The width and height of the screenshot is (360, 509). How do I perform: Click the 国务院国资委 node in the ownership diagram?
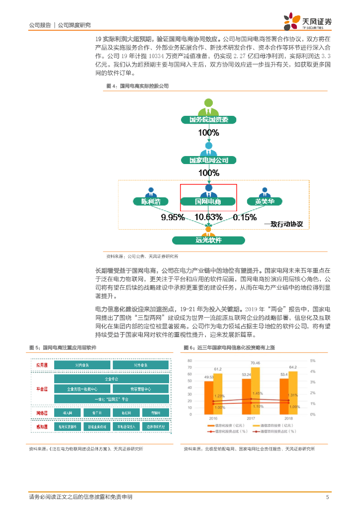coord(208,120)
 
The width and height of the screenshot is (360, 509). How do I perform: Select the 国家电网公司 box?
coord(208,160)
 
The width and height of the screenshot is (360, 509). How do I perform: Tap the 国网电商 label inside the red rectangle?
coord(208,202)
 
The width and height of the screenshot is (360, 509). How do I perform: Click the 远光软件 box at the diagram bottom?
coord(208,240)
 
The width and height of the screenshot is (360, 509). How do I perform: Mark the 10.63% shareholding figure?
coord(208,217)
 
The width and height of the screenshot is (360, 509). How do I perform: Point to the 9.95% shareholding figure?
coord(173,217)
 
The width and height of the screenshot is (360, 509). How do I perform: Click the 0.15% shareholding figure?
coord(244,217)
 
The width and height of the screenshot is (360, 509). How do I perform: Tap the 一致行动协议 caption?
coord(283,224)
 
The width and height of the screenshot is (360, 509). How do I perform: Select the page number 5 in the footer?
coord(327,497)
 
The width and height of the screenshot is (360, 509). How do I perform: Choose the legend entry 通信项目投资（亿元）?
coord(272,426)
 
